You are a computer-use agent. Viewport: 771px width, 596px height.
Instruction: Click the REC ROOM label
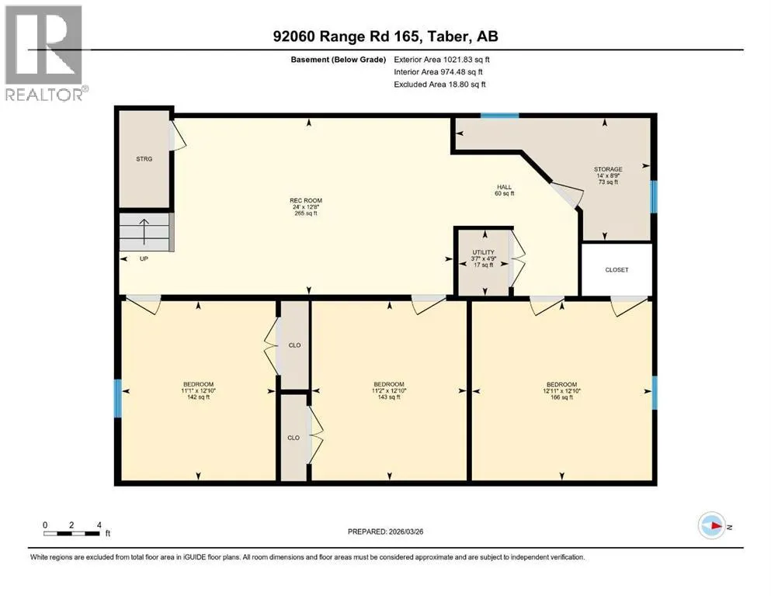306,207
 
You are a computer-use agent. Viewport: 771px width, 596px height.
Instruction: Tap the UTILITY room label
484,258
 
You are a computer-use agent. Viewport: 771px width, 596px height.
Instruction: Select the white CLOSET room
616,270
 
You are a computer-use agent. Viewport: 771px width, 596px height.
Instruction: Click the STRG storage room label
144,159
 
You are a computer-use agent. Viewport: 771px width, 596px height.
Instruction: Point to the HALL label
505,190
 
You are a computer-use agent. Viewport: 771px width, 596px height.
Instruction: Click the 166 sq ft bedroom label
561,390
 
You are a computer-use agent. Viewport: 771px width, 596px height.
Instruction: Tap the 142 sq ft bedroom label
198,390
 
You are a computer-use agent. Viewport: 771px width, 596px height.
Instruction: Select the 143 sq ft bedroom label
389,390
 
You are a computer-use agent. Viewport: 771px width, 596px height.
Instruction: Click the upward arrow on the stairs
144,231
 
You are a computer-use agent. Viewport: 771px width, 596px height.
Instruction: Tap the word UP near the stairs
144,258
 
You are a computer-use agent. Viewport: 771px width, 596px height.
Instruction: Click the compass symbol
712,525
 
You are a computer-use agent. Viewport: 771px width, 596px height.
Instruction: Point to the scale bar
71,534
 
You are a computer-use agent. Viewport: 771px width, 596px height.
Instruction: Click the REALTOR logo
44,53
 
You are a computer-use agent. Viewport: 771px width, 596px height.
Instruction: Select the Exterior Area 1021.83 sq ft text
442,60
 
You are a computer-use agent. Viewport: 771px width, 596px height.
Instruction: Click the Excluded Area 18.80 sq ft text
439,84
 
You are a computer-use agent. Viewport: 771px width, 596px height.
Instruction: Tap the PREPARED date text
385,532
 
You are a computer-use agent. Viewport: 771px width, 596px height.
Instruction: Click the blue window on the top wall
499,116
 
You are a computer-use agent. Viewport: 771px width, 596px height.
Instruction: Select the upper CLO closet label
294,345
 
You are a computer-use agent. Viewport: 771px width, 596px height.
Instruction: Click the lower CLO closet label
293,438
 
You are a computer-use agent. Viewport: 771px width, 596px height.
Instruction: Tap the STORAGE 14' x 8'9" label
608,175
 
